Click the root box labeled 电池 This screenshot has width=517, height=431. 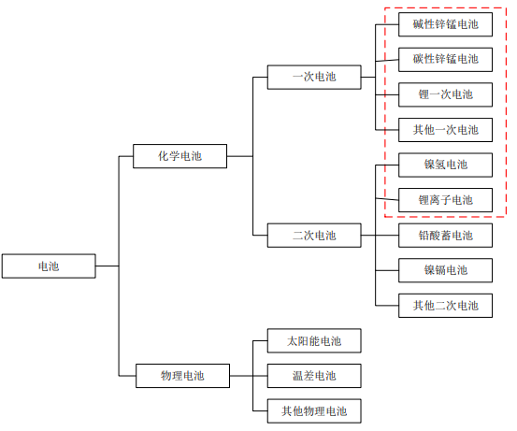[49, 266]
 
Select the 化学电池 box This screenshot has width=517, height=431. [180, 156]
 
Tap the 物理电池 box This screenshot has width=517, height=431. [182, 376]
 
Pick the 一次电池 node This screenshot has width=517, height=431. [314, 78]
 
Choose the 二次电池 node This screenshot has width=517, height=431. [314, 235]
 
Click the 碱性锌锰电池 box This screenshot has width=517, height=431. [445, 24]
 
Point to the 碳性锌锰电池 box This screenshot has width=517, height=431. [445, 60]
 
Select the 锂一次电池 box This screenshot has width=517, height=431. [445, 94]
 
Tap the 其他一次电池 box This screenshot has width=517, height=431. [445, 130]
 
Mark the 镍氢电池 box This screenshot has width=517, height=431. [445, 165]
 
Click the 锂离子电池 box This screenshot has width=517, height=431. [445, 200]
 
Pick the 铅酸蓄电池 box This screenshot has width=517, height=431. [445, 235]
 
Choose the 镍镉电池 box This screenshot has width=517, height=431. [445, 270]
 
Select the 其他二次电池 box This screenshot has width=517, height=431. [445, 306]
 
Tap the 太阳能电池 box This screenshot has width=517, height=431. [314, 340]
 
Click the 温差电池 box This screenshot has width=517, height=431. [314, 376]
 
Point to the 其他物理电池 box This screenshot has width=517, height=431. [314, 410]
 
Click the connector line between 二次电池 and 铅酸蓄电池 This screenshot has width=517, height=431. [380, 235]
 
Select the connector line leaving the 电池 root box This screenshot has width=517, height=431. [108, 266]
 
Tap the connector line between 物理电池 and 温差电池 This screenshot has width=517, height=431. [249, 376]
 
